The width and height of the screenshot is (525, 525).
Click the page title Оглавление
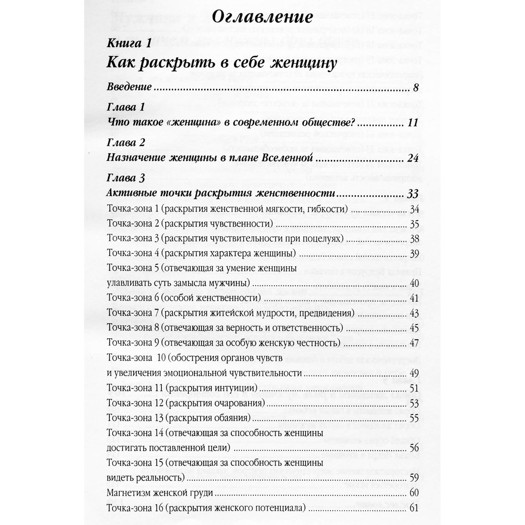pyautogui.click(x=262, y=17)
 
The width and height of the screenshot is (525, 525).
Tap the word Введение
pyautogui.click(x=129, y=87)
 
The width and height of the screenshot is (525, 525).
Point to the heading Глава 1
pyautogui.click(x=126, y=107)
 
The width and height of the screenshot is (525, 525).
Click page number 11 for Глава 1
pyautogui.click(x=413, y=123)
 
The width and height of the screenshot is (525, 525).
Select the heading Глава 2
pyautogui.click(x=126, y=143)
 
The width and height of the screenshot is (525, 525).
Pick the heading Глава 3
pyautogui.click(x=126, y=178)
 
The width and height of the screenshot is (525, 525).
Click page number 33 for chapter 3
pyautogui.click(x=412, y=194)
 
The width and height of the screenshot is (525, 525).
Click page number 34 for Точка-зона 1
pyautogui.click(x=414, y=209)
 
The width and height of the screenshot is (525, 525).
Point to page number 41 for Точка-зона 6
pyautogui.click(x=414, y=298)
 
